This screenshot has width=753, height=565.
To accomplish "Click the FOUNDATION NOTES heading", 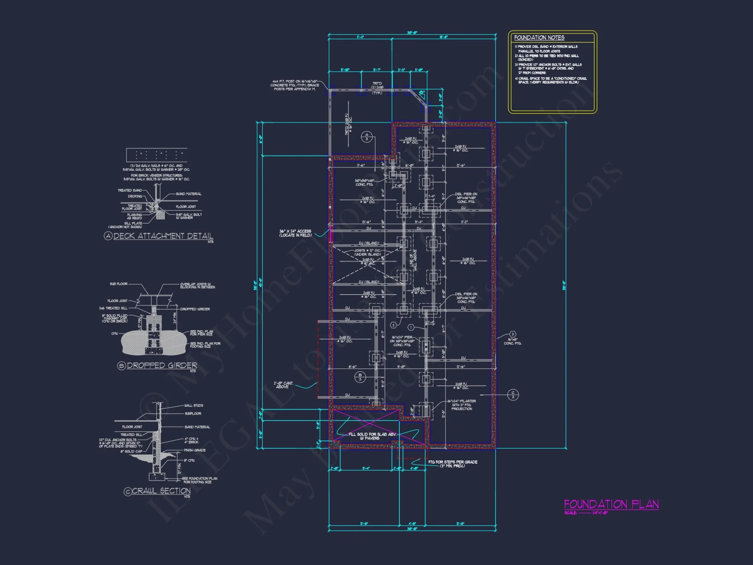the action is click(x=539, y=38).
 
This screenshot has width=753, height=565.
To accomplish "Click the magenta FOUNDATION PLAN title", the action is click(x=611, y=504).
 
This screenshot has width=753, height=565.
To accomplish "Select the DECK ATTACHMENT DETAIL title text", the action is click(x=163, y=236).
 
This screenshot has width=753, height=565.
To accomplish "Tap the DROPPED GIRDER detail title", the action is click(x=162, y=365).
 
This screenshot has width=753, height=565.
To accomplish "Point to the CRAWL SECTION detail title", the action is click(x=161, y=491).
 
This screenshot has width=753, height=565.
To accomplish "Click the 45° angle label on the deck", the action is click(x=422, y=92).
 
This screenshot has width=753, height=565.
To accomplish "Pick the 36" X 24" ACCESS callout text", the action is click(x=295, y=233).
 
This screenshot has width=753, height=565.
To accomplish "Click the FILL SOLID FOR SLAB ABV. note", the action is click(x=372, y=436).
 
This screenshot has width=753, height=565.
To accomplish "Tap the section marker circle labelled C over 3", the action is click(x=513, y=394).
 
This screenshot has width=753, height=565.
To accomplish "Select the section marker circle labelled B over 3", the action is click(x=360, y=377).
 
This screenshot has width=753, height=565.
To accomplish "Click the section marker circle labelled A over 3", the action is click(x=367, y=137).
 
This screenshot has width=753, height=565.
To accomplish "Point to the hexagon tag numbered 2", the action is click(x=393, y=325).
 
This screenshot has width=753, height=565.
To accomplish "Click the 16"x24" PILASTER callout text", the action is click(x=462, y=405).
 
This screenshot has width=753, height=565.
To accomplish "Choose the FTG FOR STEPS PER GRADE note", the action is click(x=453, y=464).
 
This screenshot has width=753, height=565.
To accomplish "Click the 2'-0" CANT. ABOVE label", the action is click(x=283, y=385).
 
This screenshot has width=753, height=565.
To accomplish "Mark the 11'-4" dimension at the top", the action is click(x=360, y=37).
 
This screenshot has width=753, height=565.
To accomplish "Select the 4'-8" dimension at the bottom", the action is click(x=412, y=524).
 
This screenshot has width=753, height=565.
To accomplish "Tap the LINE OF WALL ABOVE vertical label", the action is click(x=413, y=260).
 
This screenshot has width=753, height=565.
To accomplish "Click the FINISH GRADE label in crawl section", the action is click(x=195, y=450).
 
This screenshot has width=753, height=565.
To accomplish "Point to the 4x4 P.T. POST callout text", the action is click(x=295, y=85).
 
